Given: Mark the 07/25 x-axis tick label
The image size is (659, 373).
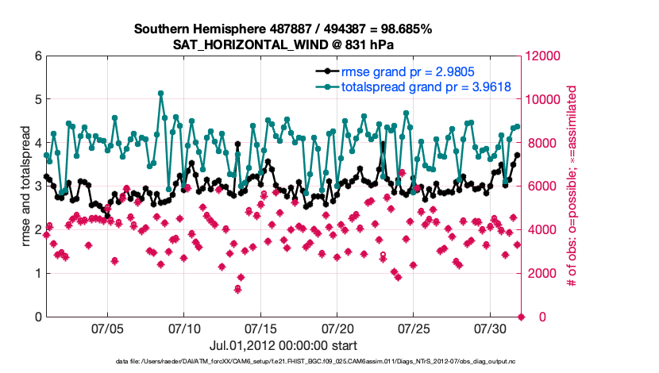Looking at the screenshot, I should click(415, 328).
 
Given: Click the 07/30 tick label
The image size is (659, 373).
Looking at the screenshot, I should click(491, 328).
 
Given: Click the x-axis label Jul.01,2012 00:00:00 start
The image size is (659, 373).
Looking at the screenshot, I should click(283, 345).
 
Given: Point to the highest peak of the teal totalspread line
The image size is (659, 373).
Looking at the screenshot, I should click(161, 93).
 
